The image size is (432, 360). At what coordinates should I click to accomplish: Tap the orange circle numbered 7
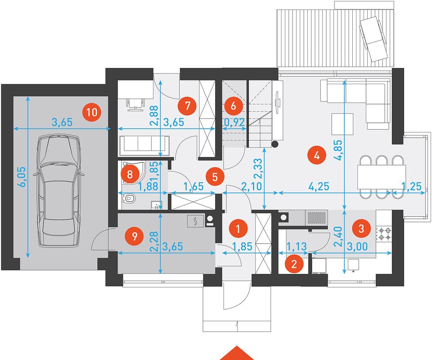pos(187,105)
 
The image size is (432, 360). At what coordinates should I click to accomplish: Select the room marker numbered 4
pos(316,156)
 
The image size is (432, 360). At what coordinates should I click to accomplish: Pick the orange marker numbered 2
pos(294,264)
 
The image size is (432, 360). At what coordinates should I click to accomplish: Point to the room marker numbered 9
pos(134,236)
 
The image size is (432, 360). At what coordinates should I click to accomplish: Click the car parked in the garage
pos(58,191)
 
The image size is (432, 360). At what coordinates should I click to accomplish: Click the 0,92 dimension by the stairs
pos(234,122)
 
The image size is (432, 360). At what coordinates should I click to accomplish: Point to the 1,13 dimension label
pos(297,246)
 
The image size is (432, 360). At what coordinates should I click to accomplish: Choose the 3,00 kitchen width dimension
pos(357,246)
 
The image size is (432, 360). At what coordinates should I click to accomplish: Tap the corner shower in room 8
pos(131,173)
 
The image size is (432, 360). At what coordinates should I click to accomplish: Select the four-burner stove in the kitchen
pos(384,233)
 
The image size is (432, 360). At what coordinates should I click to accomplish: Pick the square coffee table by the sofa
pos(342,124)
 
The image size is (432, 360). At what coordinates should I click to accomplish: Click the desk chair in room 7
pos(135,104)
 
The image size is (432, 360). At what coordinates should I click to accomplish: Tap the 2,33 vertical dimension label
pos(258,168)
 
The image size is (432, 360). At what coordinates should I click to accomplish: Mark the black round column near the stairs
pos(274,144)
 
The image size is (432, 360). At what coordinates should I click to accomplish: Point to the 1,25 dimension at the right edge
pos(412,186)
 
